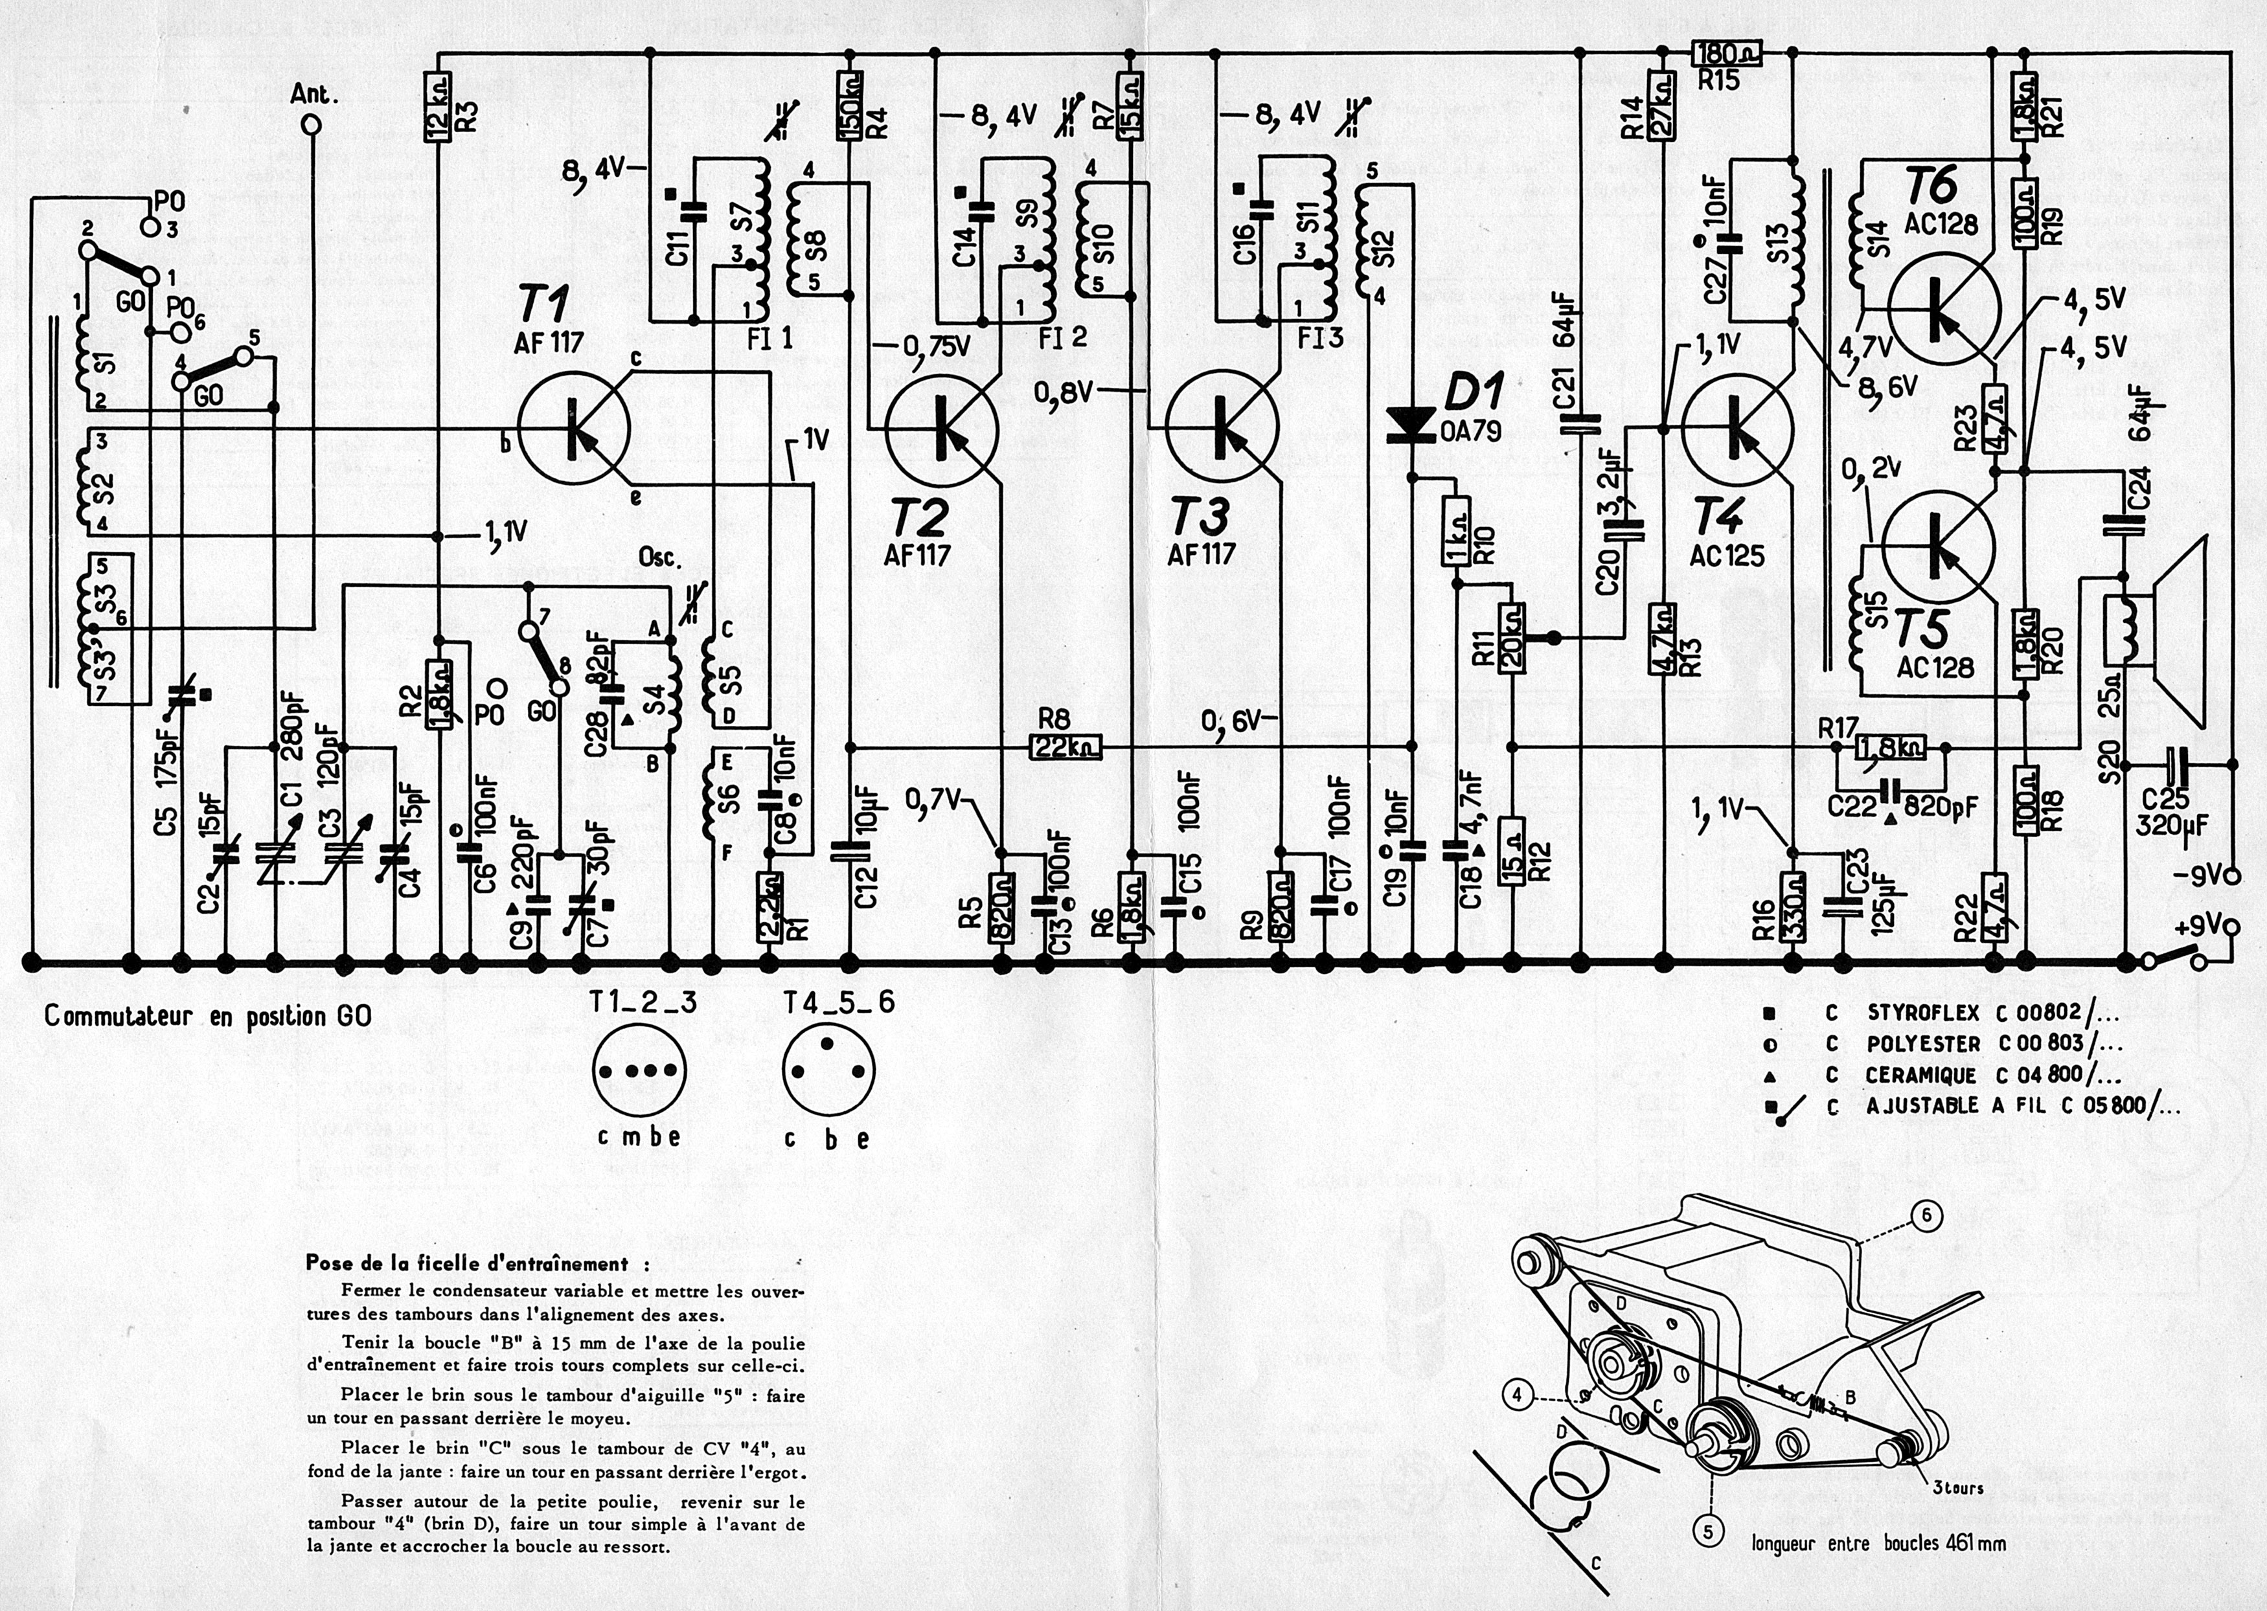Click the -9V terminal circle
click(2232, 877)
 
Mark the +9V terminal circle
click(2232, 927)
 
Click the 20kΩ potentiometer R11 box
click(1512, 640)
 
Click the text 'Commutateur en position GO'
click(209, 1017)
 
